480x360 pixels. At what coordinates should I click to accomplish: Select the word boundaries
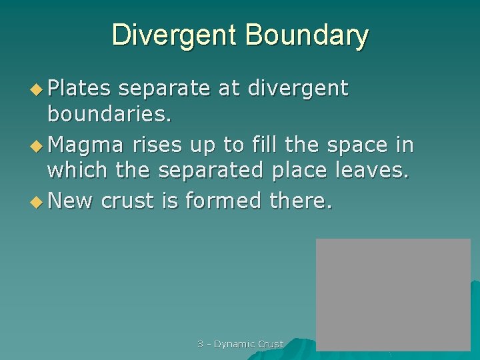pyautogui.click(x=109, y=114)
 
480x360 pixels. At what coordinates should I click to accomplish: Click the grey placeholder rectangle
pyautogui.click(x=393, y=293)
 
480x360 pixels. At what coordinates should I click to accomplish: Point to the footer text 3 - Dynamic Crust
pyautogui.click(x=240, y=344)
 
